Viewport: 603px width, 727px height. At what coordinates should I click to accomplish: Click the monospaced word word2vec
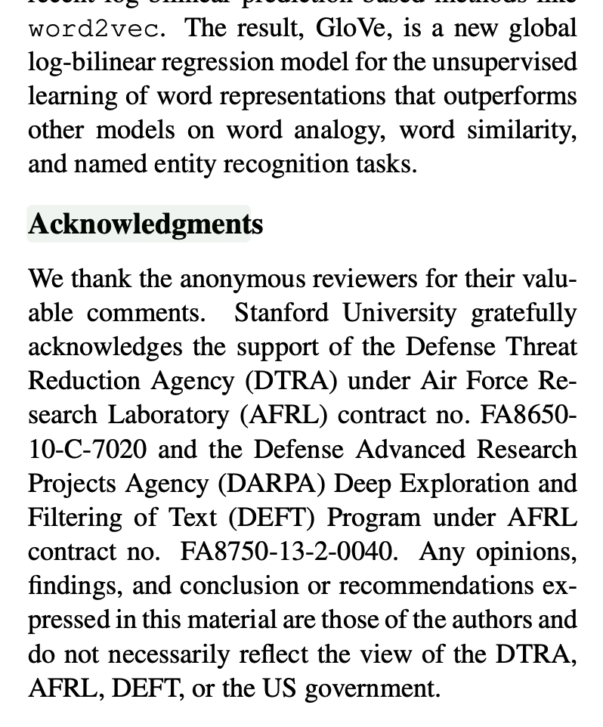(x=94, y=29)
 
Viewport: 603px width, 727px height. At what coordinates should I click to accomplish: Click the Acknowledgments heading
(x=145, y=224)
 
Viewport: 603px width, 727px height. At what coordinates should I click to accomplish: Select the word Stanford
(x=281, y=313)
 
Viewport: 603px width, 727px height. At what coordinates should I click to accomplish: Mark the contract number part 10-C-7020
(x=88, y=450)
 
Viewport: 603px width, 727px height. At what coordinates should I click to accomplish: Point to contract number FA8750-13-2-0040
(x=288, y=552)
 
